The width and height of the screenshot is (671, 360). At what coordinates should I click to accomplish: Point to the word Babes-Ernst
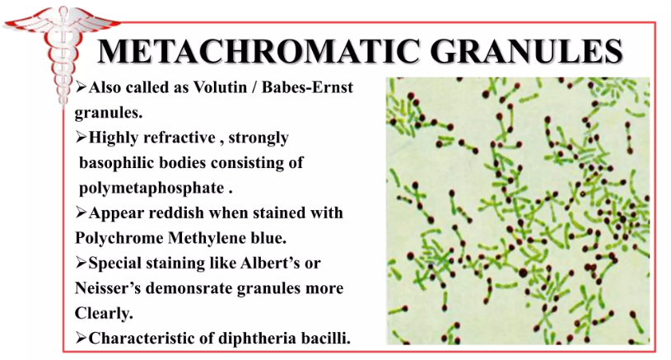tap(307, 87)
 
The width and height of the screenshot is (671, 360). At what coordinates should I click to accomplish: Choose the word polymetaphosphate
tap(152, 189)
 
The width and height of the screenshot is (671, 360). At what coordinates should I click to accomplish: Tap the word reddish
tap(177, 213)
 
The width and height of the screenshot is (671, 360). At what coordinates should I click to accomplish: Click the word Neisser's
tap(108, 288)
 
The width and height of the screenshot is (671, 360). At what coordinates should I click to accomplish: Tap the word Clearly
tap(104, 313)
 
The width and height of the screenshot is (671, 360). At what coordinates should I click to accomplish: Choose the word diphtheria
tap(245, 339)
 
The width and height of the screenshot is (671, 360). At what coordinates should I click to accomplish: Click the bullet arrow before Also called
tap(81, 87)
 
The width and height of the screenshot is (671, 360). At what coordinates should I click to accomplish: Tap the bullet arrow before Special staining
tap(81, 263)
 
